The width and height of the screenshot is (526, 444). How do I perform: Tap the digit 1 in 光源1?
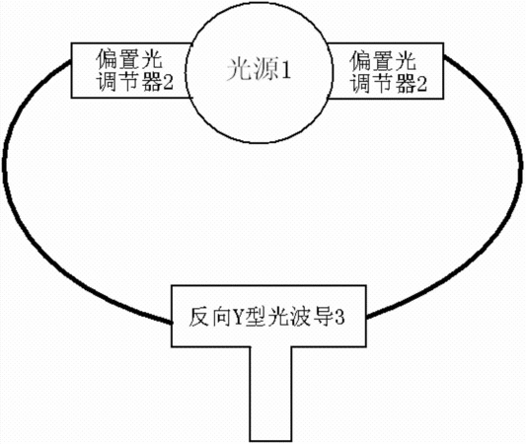click(286, 70)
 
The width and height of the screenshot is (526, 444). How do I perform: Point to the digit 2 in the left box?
click(169, 82)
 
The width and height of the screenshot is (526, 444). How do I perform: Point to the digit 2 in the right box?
click(421, 83)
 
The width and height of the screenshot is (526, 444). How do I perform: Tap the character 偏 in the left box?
click(107, 60)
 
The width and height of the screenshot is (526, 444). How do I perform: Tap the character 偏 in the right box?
click(360, 61)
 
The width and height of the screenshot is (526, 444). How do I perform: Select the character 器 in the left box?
click(152, 82)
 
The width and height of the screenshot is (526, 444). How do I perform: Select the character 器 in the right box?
click(405, 82)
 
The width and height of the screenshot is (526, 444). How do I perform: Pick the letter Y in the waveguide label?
click(238, 317)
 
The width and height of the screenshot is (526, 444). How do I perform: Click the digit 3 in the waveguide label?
click(339, 318)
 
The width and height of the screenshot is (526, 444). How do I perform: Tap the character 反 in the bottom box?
click(199, 317)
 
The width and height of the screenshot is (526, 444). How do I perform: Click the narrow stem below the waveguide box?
click(270, 394)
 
